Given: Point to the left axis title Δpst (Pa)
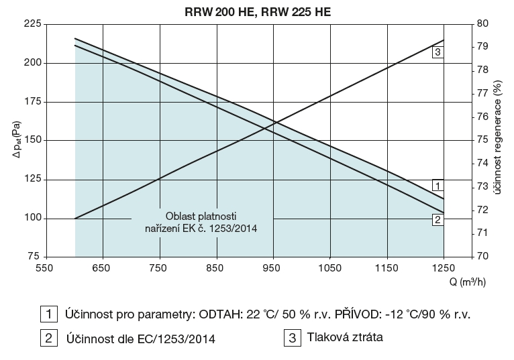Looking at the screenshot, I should click(x=14, y=140).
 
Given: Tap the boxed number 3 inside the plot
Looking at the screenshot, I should click(x=437, y=52).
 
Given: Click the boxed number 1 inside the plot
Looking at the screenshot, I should click(x=437, y=186).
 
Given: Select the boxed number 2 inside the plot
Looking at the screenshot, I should click(x=437, y=219).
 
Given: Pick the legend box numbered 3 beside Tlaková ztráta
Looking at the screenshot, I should click(x=293, y=339).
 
